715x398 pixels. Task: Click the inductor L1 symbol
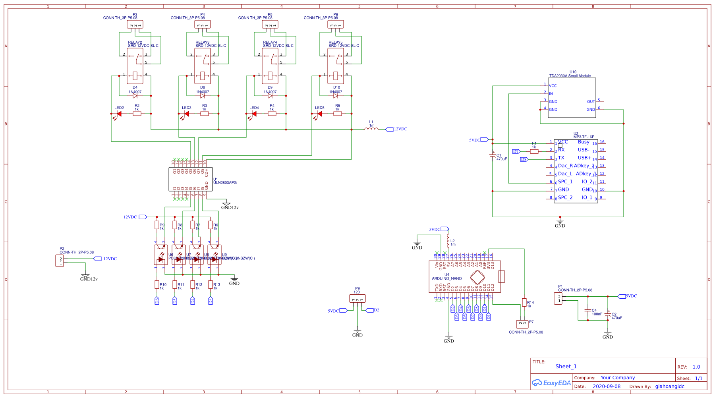pyautogui.click(x=371, y=129)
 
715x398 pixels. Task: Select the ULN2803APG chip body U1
pyautogui.click(x=190, y=179)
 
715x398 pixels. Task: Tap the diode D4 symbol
pyautogui.click(x=135, y=96)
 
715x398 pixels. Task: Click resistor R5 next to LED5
pyautogui.click(x=338, y=114)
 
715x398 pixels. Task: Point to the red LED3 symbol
pyautogui.click(x=186, y=114)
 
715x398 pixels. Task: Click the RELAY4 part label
pyautogui.click(x=270, y=42)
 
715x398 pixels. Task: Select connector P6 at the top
pyautogui.click(x=336, y=25)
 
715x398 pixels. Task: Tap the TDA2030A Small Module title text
pyautogui.click(x=570, y=76)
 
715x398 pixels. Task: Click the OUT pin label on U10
pyautogui.click(x=591, y=102)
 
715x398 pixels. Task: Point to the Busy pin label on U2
pyautogui.click(x=584, y=142)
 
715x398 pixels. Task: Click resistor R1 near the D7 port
pyautogui.click(x=534, y=151)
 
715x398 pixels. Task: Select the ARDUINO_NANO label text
pyautogui.click(x=447, y=278)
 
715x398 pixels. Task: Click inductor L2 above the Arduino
pyautogui.click(x=448, y=241)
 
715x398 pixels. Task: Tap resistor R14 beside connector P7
pyautogui.click(x=524, y=303)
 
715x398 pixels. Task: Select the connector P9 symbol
pyautogui.click(x=357, y=299)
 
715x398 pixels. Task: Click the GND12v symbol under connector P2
pyautogui.click(x=85, y=275)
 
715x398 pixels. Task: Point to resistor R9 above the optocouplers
pyautogui.click(x=157, y=225)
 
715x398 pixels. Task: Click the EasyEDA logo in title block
pyautogui.click(x=551, y=383)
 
